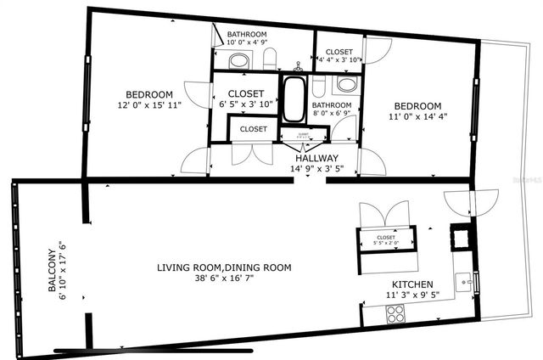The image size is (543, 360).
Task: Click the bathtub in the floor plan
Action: [x=295, y=101]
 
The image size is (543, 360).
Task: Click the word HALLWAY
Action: [x=316, y=159]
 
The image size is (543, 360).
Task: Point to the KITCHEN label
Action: [x=412, y=285]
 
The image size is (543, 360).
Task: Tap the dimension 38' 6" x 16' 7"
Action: [x=224, y=278]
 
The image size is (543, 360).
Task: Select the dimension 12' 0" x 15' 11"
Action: [x=149, y=105]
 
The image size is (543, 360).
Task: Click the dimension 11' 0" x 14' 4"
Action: [x=417, y=116]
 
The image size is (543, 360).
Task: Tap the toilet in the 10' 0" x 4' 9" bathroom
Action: [x=270, y=59]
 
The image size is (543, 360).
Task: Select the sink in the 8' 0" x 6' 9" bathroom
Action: [x=346, y=84]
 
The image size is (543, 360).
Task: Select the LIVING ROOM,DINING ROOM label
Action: [x=224, y=267]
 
